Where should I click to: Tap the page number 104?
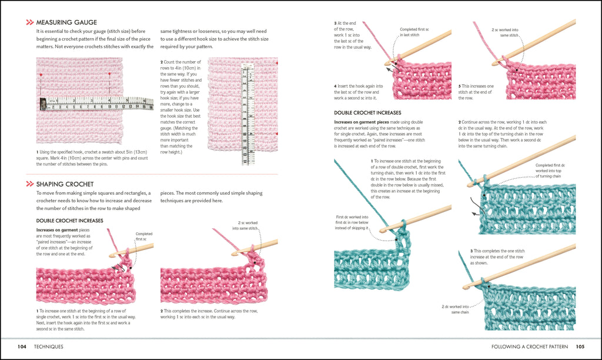(22, 346)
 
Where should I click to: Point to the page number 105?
(580, 346)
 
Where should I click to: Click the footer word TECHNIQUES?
(49, 346)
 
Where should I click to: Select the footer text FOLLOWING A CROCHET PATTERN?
(530, 346)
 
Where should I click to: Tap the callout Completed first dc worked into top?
(549, 171)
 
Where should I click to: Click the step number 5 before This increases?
(460, 86)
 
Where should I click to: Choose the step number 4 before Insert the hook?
(336, 86)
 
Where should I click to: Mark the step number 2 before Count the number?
(162, 62)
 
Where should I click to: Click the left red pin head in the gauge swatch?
(41, 75)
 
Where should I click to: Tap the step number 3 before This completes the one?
(471, 251)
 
